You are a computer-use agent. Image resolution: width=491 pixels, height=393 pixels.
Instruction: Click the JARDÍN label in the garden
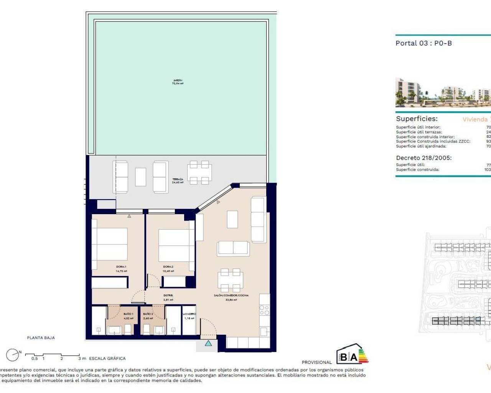178,82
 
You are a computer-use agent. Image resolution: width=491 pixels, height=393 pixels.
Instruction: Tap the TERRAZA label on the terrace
178,181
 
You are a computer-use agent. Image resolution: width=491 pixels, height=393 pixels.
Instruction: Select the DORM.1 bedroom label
121,269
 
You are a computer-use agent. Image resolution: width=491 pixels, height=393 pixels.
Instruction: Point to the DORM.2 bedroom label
168,269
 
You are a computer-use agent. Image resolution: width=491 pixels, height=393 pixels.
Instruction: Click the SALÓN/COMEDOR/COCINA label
231,297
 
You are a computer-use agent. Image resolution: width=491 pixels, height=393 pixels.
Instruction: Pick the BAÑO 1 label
128,316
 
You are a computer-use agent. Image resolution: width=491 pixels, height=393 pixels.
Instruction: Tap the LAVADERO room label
189,316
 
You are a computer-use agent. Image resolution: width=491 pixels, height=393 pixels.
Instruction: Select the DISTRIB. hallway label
168,297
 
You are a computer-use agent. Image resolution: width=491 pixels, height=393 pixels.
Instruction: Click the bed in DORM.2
174,246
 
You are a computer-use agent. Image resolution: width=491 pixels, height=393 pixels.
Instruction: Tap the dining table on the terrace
199,172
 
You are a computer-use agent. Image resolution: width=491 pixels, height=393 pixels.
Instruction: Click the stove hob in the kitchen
264,310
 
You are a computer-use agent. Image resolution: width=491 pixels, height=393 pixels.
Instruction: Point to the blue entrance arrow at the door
208,343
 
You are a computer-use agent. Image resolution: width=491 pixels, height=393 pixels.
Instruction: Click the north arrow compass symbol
13,355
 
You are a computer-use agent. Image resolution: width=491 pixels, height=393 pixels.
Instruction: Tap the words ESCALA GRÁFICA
107,358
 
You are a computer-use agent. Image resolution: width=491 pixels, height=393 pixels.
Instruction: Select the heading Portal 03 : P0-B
423,43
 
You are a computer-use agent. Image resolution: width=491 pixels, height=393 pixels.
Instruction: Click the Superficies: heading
417,119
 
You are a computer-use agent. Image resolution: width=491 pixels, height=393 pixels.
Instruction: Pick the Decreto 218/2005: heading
423,158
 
